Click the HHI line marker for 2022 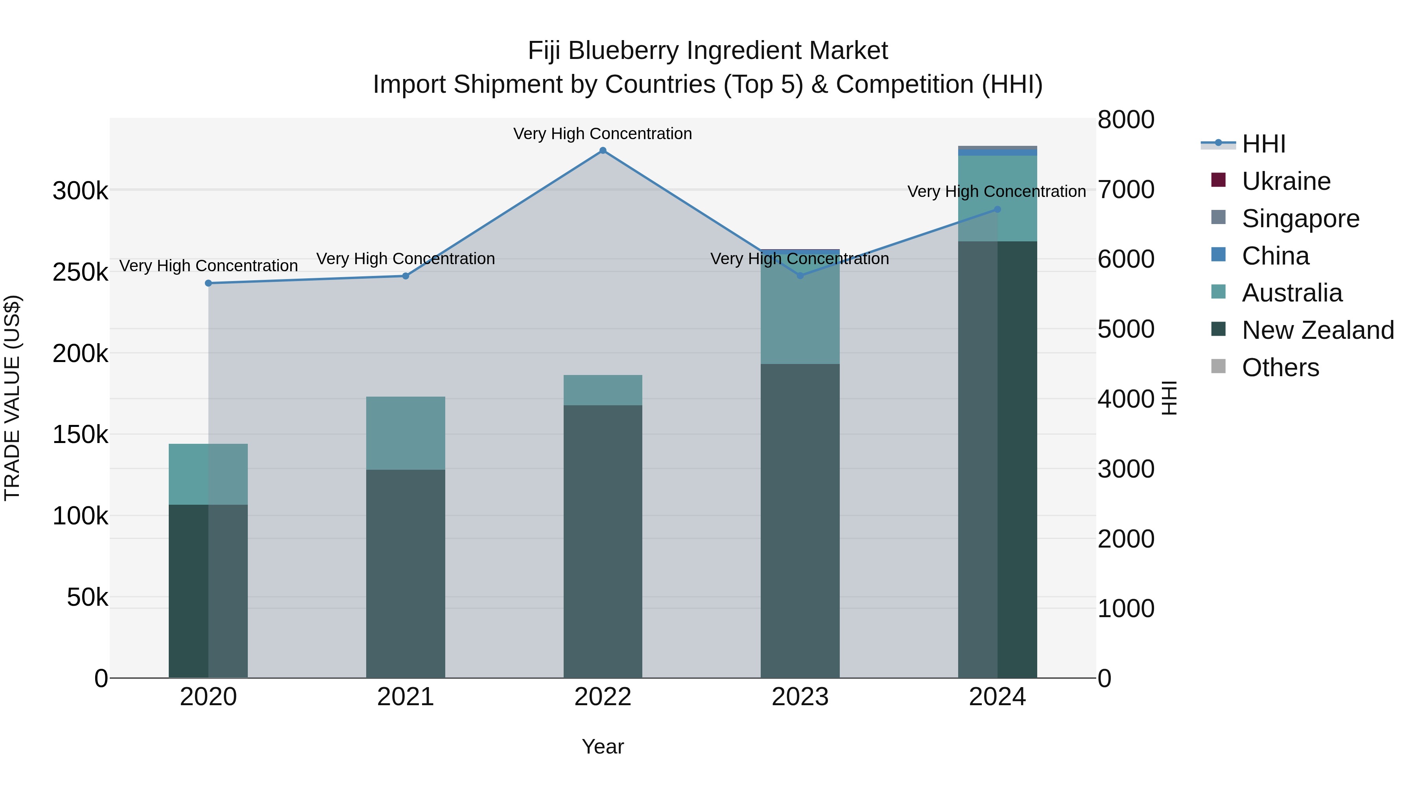pyautogui.click(x=603, y=151)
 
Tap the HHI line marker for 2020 pyautogui.click(x=208, y=283)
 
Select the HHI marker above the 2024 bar pyautogui.click(x=997, y=209)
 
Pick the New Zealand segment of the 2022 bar pyautogui.click(x=603, y=541)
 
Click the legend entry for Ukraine pyautogui.click(x=1286, y=181)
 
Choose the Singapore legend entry pyautogui.click(x=1300, y=219)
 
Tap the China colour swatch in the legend pyautogui.click(x=1219, y=256)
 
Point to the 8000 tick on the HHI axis pyautogui.click(x=1126, y=120)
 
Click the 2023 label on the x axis pyautogui.click(x=800, y=697)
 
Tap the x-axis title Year pyautogui.click(x=603, y=746)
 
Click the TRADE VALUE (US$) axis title pyautogui.click(x=12, y=398)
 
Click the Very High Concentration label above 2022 pyautogui.click(x=603, y=134)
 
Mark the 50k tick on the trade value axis pyautogui.click(x=87, y=597)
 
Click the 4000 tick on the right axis pyautogui.click(x=1126, y=399)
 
